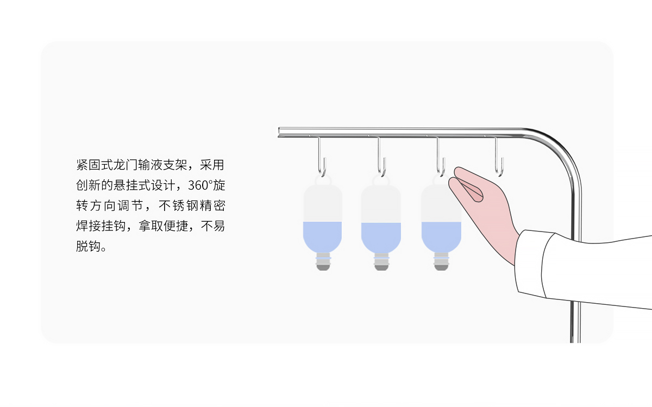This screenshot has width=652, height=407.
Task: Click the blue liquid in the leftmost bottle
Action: tap(323, 236)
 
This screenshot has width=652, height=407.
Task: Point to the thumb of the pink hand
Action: tap(466, 190)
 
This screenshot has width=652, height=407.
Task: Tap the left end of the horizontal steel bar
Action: tap(279, 132)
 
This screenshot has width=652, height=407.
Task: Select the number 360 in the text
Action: tap(198, 185)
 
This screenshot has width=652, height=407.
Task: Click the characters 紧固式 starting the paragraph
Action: tap(95, 165)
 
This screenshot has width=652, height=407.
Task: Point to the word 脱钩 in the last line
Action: tap(89, 246)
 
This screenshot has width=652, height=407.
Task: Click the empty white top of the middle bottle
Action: tap(381, 204)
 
